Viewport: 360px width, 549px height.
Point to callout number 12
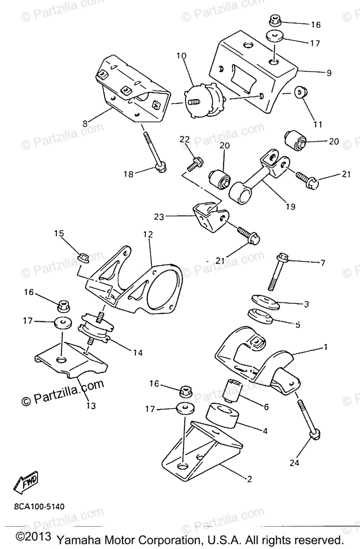147,235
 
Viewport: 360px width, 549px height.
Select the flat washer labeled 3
263,302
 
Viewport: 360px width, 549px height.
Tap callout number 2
249,479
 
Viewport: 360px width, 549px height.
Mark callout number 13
91,405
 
